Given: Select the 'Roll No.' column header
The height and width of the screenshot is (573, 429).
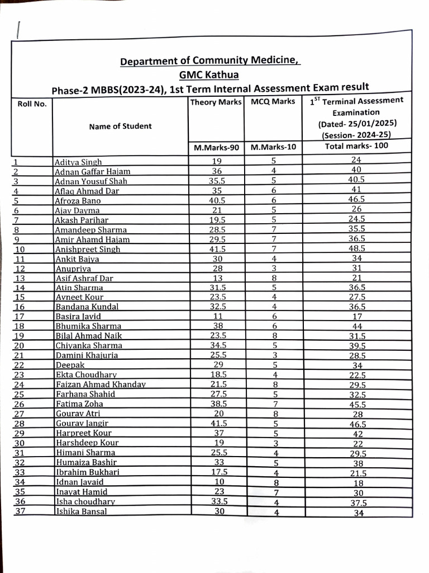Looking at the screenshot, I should [32, 104].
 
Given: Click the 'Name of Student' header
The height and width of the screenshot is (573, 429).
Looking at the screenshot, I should [120, 126].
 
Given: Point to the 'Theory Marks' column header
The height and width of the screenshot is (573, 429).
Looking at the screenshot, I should [216, 102].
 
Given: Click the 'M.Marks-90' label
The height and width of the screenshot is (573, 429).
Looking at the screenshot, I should [216, 148].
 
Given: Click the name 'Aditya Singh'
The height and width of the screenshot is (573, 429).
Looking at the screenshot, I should [78, 162].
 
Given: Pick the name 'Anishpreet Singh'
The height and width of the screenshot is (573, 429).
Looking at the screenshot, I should [88, 249].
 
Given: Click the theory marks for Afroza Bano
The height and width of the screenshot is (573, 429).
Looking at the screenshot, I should [217, 200].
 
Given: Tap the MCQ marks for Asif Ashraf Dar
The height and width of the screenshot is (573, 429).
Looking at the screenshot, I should [274, 278].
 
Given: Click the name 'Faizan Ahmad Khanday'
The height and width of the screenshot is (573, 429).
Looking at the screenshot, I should [101, 384].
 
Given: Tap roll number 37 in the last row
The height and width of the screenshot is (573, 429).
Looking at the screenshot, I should [20, 511].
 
